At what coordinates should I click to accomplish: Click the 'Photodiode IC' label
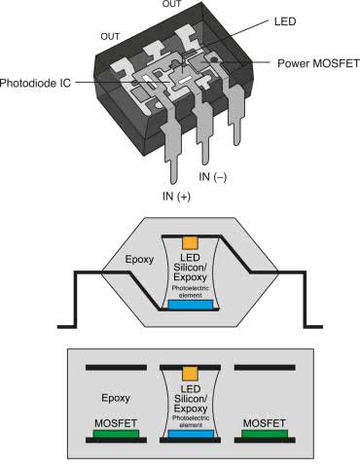point(35,83)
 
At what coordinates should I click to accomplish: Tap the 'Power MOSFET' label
point(318,63)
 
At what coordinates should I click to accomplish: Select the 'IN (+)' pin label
point(176,197)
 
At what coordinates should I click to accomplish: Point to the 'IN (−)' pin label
point(212,177)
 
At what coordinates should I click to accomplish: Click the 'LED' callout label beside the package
point(285,21)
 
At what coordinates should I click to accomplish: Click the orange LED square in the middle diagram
point(191,243)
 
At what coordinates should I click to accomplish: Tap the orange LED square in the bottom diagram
point(191,374)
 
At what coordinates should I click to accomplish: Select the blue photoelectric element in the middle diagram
point(191,305)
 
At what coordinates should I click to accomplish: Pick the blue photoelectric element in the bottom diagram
point(192,434)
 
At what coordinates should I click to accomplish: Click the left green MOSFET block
point(116,434)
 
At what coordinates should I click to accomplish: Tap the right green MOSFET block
point(265,434)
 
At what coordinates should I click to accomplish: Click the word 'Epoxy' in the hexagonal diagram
point(139,260)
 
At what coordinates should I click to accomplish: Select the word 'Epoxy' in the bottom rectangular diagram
point(116,398)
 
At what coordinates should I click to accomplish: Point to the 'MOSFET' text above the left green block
point(116,423)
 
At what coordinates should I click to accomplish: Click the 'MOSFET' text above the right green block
point(265,423)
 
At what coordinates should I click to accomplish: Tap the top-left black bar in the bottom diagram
point(116,368)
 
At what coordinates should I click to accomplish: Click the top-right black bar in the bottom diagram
point(265,368)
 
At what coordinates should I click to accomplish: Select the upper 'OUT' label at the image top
point(172,4)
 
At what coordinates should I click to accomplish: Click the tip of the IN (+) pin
point(175,184)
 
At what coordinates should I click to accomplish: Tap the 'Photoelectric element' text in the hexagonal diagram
point(191,292)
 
